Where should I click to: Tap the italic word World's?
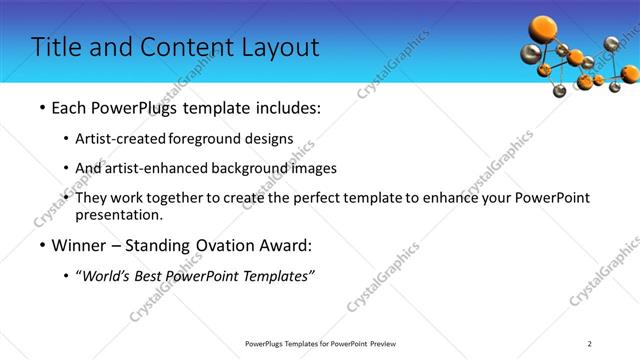[x=106, y=276]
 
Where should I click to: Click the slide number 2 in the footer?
[x=590, y=344]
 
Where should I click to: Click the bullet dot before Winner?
[x=41, y=246]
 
